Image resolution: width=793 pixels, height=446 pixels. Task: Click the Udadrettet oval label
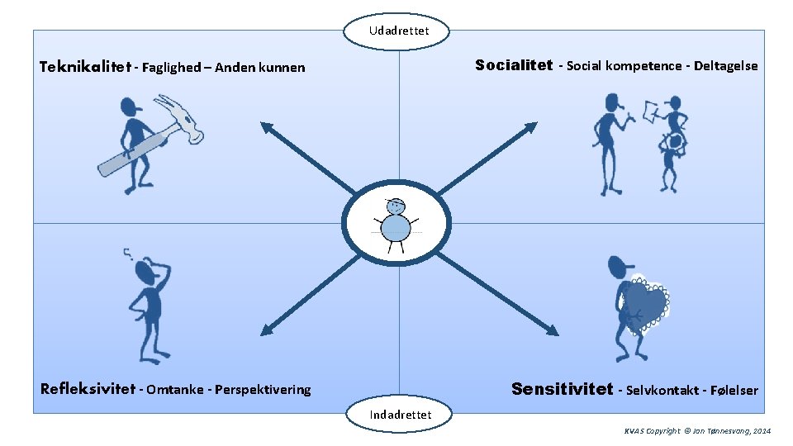tap(399, 31)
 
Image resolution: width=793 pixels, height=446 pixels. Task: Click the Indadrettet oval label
tap(401, 414)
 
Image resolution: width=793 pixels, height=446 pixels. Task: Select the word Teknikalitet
tap(86, 67)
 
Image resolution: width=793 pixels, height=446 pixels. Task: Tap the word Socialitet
tap(513, 65)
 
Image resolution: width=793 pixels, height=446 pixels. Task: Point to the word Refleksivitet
tap(87, 389)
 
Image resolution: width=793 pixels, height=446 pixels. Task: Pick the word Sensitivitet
tap(562, 389)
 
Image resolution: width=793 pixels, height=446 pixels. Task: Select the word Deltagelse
tap(725, 66)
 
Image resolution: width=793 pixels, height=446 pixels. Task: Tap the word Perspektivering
tap(262, 390)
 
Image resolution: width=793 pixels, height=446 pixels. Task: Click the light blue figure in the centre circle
tap(397, 224)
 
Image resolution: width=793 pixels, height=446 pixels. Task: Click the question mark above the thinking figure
tap(128, 254)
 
